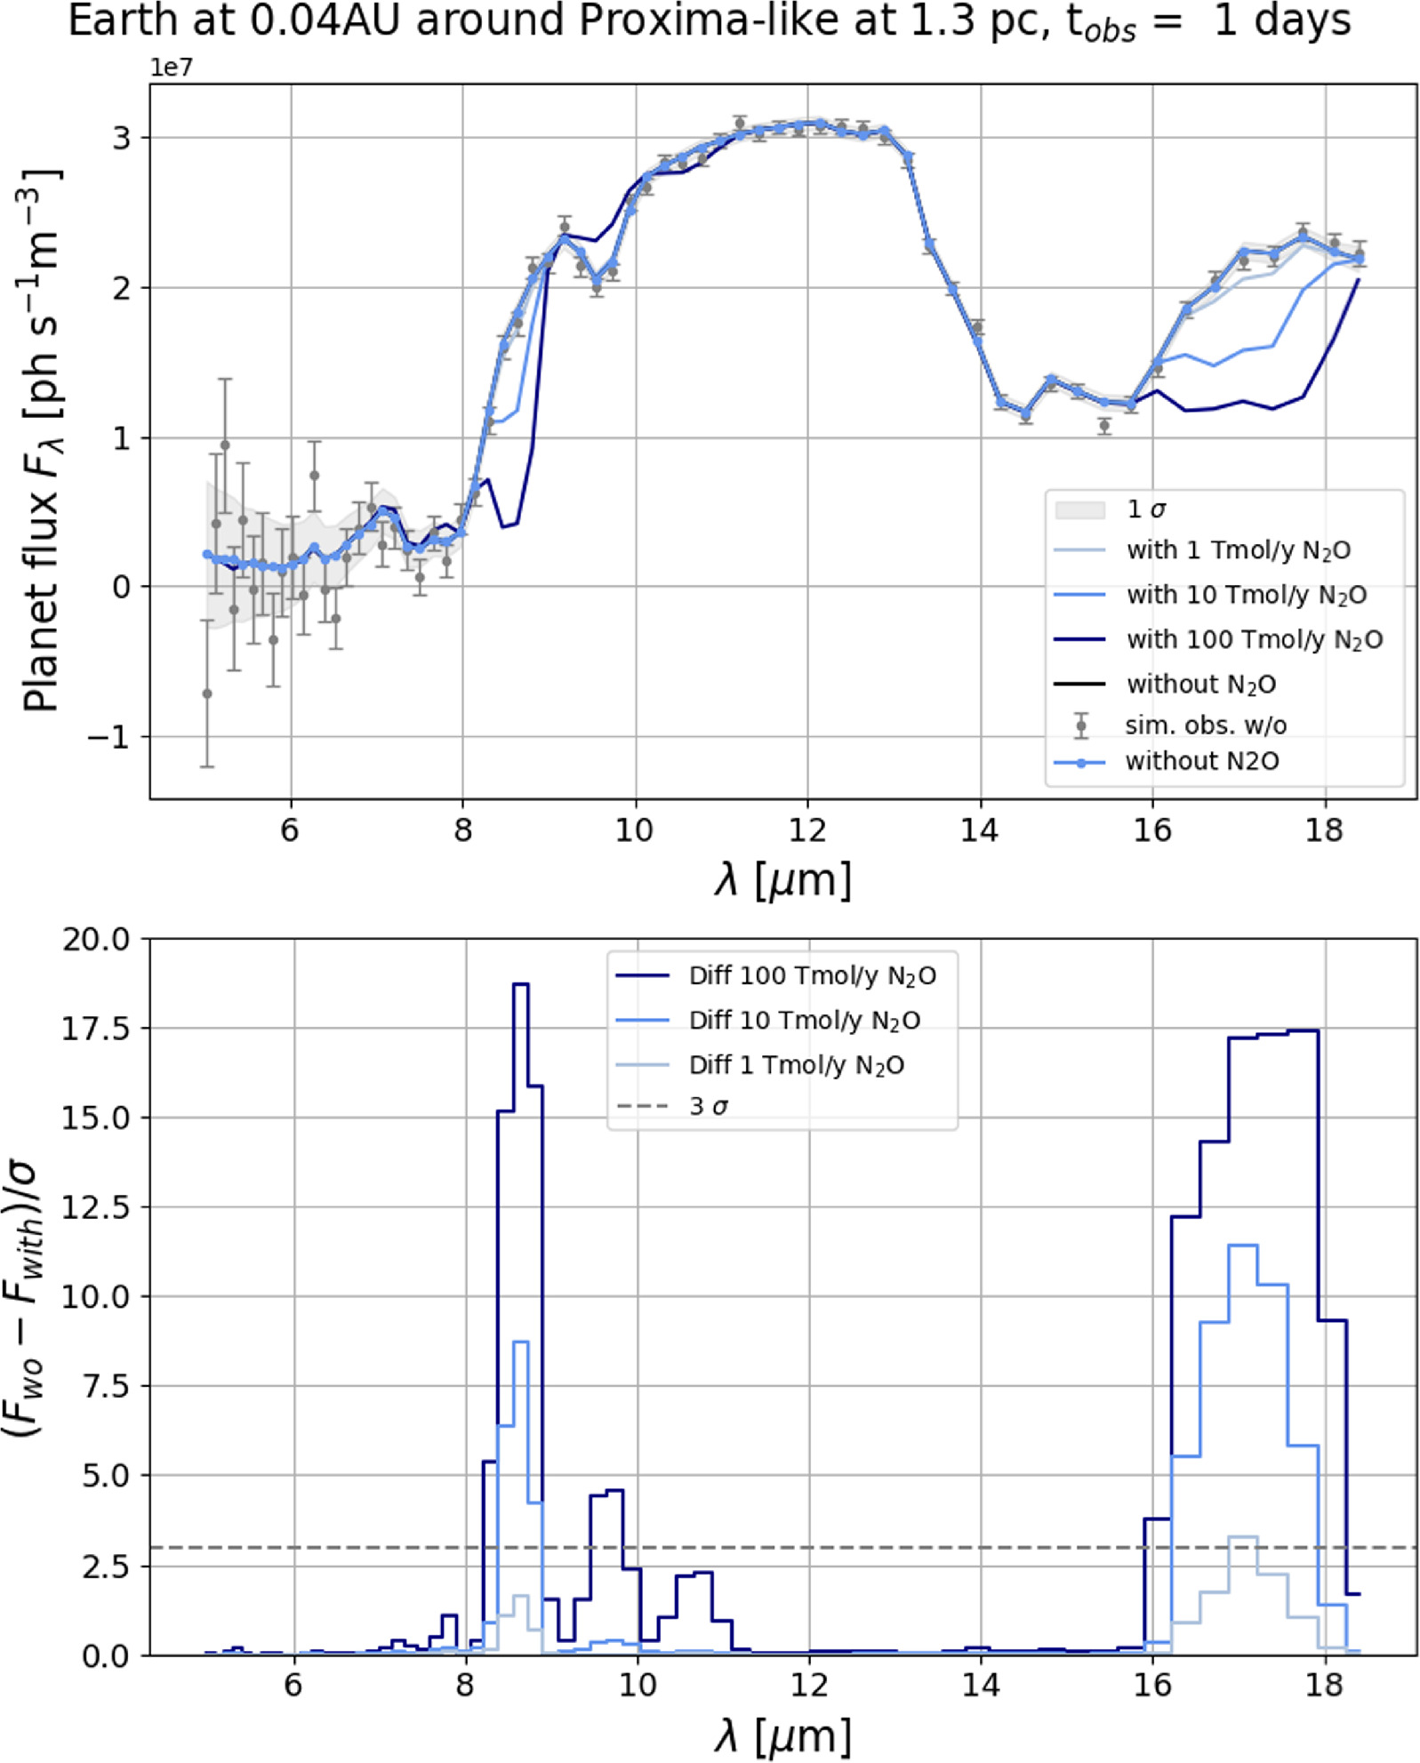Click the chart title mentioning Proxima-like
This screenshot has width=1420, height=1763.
[x=709, y=21]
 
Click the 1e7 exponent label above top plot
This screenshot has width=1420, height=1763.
[x=171, y=69]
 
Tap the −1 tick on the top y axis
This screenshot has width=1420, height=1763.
[x=109, y=737]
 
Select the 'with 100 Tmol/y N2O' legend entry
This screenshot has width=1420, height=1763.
[x=1254, y=639]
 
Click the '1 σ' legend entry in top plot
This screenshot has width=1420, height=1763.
[x=1145, y=509]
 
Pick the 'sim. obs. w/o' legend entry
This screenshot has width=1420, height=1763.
[x=1205, y=725]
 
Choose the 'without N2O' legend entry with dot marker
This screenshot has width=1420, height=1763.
[x=1201, y=762]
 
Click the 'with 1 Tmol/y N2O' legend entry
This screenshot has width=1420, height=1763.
[x=1238, y=550]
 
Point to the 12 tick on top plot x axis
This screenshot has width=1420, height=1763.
[x=806, y=829]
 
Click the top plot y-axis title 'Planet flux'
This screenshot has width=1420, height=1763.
[x=41, y=440]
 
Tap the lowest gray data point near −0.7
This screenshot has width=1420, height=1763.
[x=207, y=693]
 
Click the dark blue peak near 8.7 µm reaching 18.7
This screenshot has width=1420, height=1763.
[x=521, y=985]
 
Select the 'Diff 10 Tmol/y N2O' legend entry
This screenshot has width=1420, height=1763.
[x=804, y=1021]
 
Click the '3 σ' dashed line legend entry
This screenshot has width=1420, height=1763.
[x=709, y=1107]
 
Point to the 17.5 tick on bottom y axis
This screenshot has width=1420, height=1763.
[x=95, y=1029]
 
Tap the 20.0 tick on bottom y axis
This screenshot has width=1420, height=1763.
[x=95, y=939]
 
